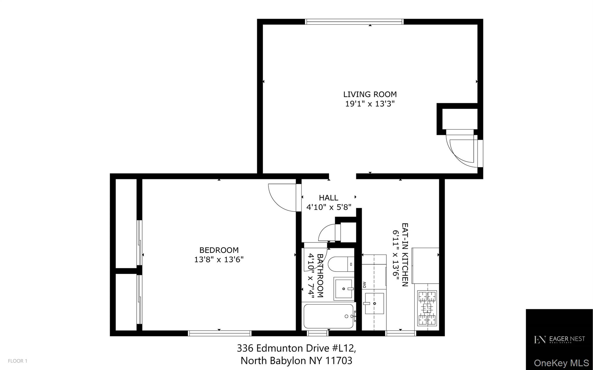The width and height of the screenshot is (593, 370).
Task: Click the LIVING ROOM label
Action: (370, 94)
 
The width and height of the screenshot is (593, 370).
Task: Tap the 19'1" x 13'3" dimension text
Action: (370, 104)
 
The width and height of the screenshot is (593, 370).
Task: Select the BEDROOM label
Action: (219, 250)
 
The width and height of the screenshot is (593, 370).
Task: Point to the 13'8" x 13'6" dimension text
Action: (219, 259)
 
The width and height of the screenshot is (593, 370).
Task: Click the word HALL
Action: (329, 198)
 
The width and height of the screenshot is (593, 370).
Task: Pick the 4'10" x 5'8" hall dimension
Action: (329, 207)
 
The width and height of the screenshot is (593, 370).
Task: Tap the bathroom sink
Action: (344, 289)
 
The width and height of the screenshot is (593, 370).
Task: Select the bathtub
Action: (329, 316)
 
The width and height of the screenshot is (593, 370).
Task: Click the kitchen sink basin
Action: (374, 303)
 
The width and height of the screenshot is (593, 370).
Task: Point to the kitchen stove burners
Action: (427, 308)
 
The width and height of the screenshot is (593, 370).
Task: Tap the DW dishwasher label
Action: (364, 285)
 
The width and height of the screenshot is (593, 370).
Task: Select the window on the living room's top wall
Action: (354, 22)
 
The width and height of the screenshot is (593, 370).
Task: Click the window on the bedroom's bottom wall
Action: (220, 333)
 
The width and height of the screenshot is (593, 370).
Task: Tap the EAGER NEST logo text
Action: (567, 339)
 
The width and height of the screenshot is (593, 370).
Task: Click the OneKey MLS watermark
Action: (561, 363)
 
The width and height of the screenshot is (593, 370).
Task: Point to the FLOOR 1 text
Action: (18, 361)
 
